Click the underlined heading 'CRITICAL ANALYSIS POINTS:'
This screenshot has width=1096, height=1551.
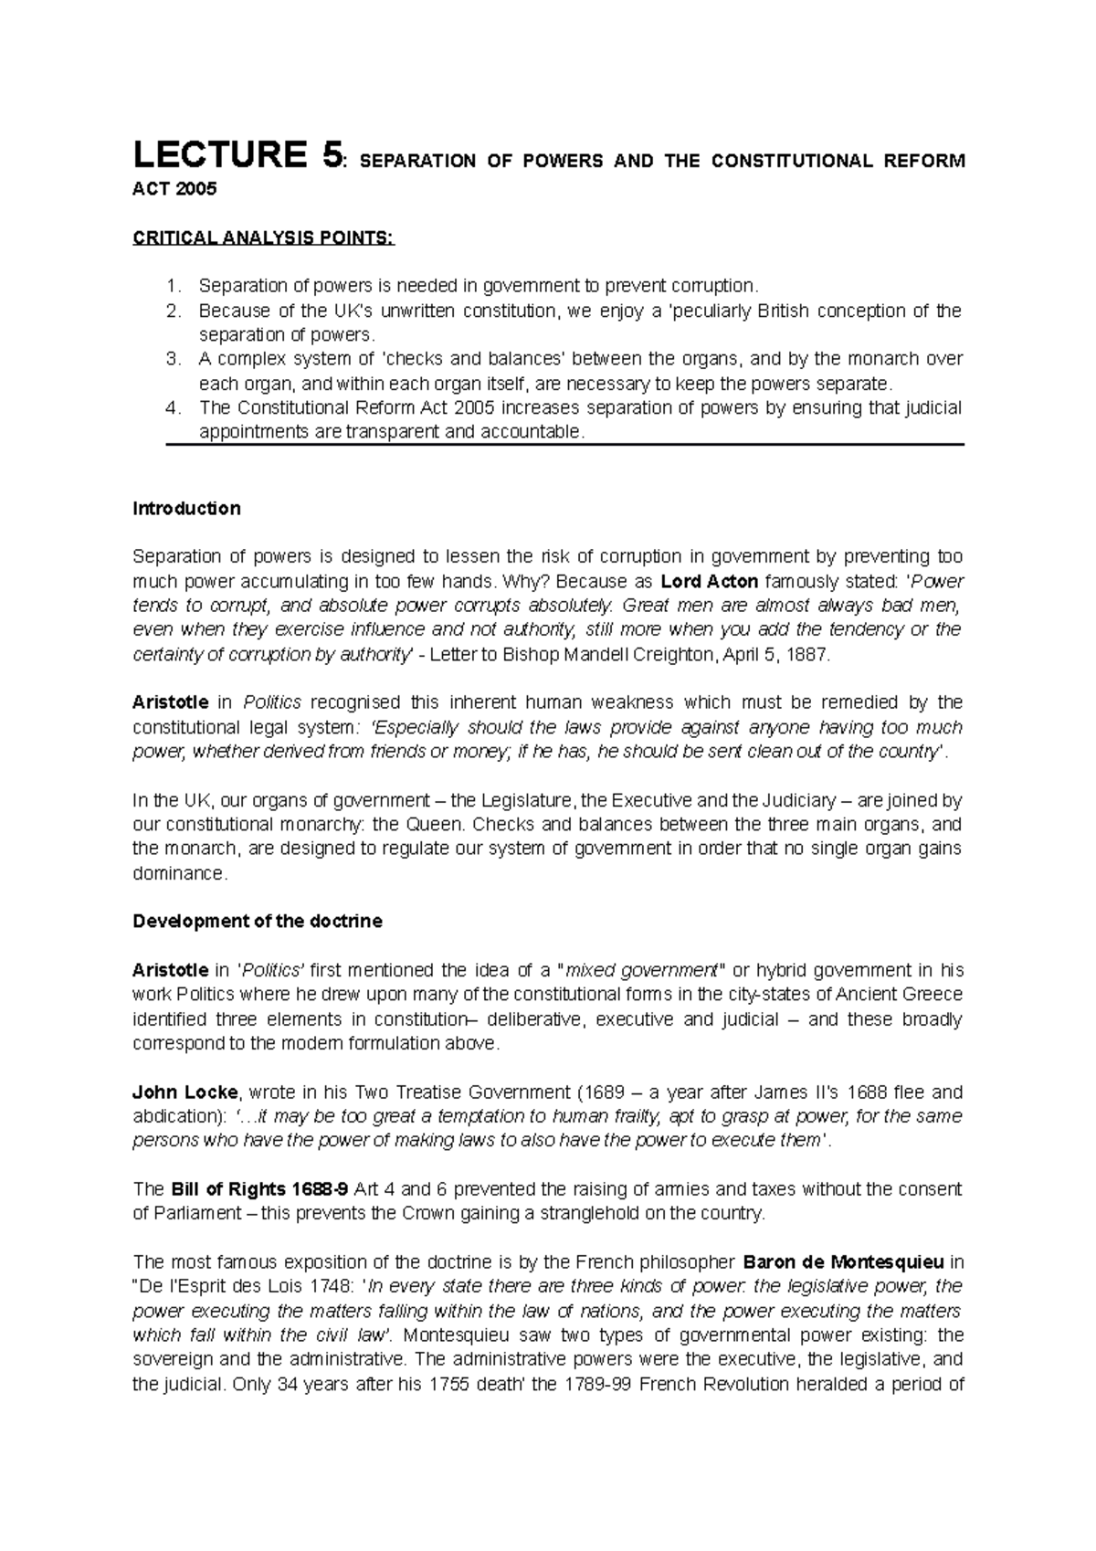pyautogui.click(x=264, y=238)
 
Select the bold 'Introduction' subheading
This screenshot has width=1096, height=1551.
pyautogui.click(x=186, y=509)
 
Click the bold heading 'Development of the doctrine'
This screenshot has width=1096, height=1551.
pyautogui.click(x=258, y=922)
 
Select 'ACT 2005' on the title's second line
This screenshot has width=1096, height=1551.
pyautogui.click(x=176, y=189)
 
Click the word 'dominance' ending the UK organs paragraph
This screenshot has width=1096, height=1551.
pyautogui.click(x=176, y=873)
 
